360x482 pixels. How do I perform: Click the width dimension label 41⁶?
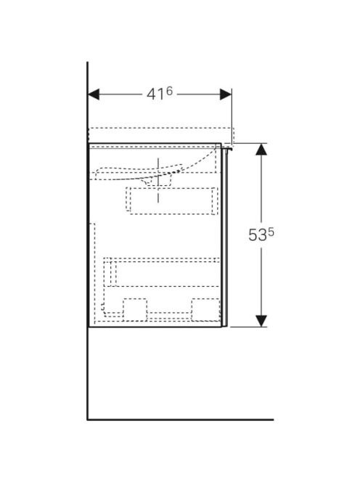coord(160,94)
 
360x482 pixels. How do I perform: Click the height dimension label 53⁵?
coord(261,235)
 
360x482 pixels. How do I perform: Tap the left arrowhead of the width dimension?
coord(94,94)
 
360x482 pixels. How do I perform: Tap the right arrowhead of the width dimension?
coord(226,94)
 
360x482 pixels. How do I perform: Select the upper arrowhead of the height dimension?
coord(261,149)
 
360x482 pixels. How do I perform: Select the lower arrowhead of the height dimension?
coord(261,321)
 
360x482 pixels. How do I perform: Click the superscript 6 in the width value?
coord(169,91)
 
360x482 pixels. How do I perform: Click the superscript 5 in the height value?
coord(271,233)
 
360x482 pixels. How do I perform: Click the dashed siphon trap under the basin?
coord(158,181)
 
